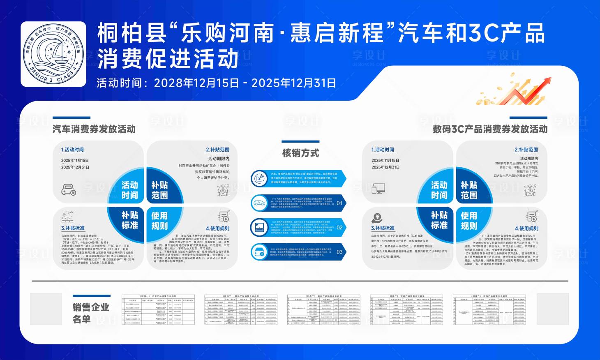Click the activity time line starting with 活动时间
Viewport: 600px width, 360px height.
[216, 83]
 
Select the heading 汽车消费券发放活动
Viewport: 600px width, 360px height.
[94, 129]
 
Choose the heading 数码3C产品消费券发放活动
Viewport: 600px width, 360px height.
[490, 129]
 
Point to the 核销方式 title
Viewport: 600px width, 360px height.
[300, 153]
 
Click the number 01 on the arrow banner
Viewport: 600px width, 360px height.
[339, 203]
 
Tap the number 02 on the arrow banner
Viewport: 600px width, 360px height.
[339, 227]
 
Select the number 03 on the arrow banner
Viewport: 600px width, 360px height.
[339, 252]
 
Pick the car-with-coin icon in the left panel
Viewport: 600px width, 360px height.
[69, 190]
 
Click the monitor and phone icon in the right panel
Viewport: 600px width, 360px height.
[378, 189]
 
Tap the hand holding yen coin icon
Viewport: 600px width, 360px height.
[376, 218]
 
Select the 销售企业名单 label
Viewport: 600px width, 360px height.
[91, 313]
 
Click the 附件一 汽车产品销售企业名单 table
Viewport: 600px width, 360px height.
[158, 309]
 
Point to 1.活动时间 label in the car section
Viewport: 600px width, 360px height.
[72, 150]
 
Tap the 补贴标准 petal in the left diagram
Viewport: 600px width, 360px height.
[129, 220]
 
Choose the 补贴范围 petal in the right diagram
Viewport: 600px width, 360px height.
[469, 190]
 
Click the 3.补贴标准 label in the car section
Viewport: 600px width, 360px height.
[73, 228]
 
